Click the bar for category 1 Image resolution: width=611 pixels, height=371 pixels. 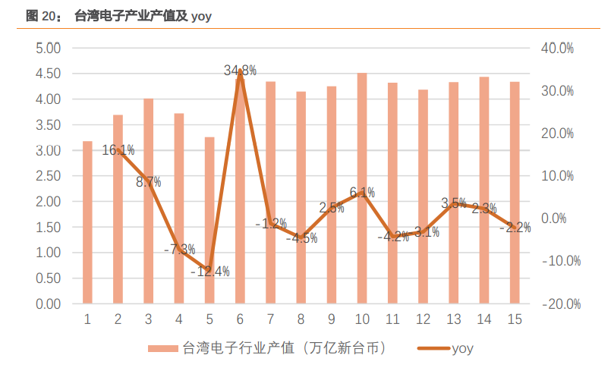[x=87, y=222]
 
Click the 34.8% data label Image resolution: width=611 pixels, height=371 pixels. [x=240, y=71]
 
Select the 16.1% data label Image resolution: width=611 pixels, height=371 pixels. [x=118, y=150]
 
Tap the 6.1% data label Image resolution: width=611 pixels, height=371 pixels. [x=362, y=193]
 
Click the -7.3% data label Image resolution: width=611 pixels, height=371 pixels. [x=179, y=249]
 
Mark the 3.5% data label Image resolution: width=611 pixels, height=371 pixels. [x=453, y=203]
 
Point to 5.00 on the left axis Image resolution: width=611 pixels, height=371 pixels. [x=48, y=48]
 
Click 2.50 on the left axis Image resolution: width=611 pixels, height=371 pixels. [x=48, y=176]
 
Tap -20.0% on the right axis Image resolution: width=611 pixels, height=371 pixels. [x=560, y=304]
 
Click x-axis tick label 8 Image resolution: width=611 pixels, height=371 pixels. [x=301, y=319]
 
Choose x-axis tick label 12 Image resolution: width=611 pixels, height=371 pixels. [x=423, y=319]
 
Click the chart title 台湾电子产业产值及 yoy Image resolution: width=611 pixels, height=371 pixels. [x=143, y=15]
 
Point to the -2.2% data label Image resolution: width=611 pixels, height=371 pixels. [x=515, y=228]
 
